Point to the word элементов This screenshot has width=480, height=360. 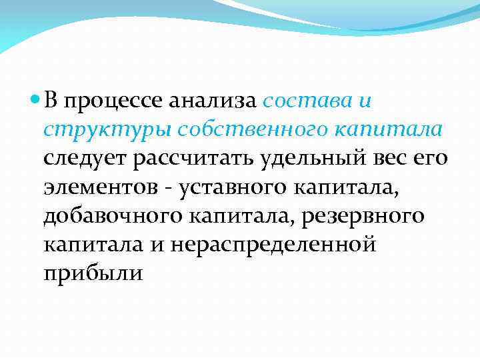click(x=100, y=187)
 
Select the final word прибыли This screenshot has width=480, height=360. click(x=93, y=273)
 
